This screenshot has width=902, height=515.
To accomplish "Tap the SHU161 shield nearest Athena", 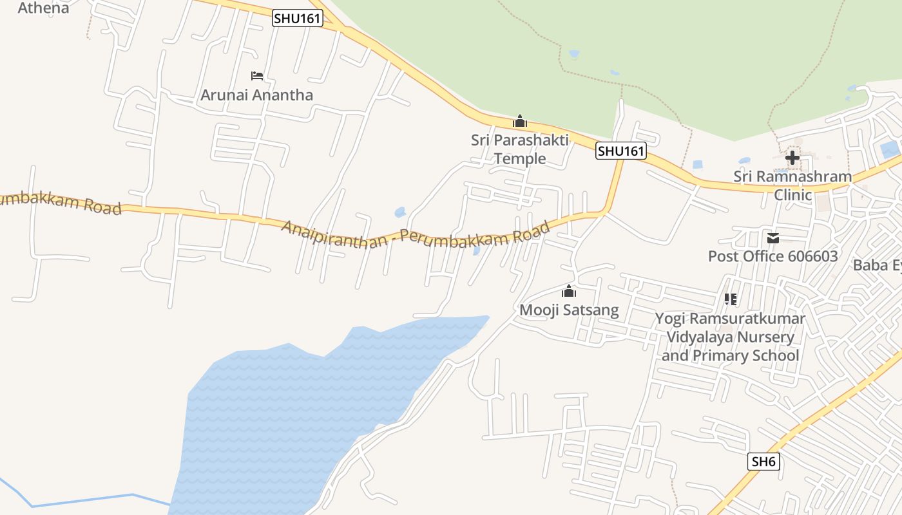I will click(x=297, y=19).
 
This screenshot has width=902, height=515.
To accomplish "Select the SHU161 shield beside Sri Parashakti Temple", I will click(x=620, y=151).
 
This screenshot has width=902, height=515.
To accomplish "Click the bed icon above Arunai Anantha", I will click(x=257, y=76).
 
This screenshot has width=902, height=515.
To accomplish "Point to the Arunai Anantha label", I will click(x=256, y=95).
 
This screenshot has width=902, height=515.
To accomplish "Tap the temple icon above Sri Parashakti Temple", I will click(x=519, y=121).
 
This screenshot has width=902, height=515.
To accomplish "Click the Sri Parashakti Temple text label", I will click(x=519, y=149).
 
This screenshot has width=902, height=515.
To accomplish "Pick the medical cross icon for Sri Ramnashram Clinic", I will click(x=792, y=157).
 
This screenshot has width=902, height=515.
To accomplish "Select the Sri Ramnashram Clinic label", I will click(x=792, y=185).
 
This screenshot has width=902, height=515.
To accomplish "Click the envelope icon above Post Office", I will click(x=773, y=238).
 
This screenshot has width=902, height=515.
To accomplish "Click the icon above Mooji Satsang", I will click(x=568, y=291).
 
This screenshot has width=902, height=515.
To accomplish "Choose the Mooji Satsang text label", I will click(x=569, y=310).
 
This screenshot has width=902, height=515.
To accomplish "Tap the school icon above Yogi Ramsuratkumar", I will click(x=730, y=299).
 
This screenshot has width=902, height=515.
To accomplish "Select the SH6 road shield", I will click(x=764, y=462).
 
